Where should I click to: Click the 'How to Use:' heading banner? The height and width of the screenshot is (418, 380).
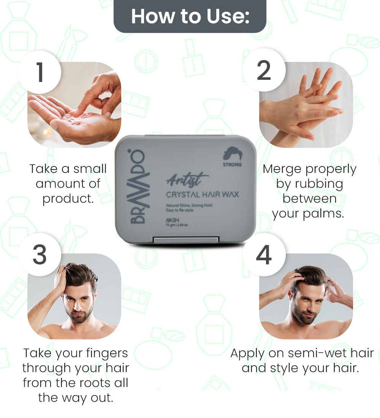click(190, 16)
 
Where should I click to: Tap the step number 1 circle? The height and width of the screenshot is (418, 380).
click(40, 72)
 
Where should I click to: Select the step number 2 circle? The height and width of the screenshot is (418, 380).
click(264, 70)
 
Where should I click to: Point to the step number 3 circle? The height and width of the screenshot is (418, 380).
click(40, 255)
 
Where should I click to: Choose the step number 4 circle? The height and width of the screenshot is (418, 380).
click(264, 255)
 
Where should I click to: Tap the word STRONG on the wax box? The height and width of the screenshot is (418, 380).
click(232, 165)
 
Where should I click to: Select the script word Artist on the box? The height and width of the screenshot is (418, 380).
click(187, 180)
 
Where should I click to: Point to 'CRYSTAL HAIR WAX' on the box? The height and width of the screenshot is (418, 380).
click(202, 194)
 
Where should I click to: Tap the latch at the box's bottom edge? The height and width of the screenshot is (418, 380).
click(186, 240)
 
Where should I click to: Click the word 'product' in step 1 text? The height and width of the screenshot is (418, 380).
click(67, 198)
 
